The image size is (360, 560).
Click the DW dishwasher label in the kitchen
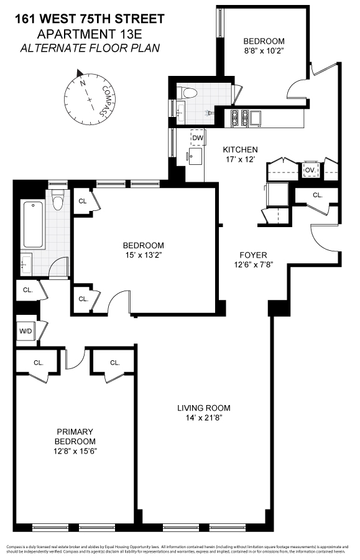click(x=198, y=138)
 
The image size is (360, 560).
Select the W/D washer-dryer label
click(x=25, y=331)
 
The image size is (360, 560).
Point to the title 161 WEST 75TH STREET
click(x=90, y=19)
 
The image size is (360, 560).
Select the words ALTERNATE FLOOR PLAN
click(x=90, y=48)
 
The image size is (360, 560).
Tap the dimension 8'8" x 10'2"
click(x=264, y=52)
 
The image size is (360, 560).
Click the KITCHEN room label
click(x=241, y=149)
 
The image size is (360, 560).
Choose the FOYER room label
click(x=254, y=255)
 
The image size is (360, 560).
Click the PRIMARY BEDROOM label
click(x=75, y=436)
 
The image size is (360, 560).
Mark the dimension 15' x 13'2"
click(x=143, y=254)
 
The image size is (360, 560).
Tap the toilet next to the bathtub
click(x=58, y=200)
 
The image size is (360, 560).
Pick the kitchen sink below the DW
click(x=196, y=156)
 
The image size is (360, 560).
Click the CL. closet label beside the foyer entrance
click(x=318, y=195)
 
